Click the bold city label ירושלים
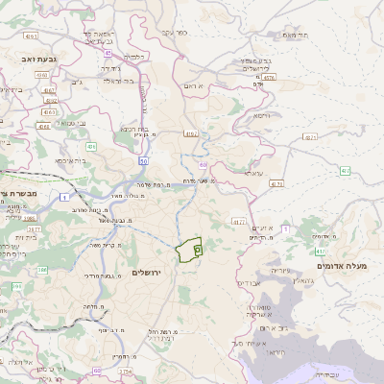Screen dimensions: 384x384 pos(146,274)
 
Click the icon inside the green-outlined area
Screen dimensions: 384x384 pos(197,250)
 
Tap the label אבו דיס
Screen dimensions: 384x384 pos(248,284)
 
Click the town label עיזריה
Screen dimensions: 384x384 pos(279,271)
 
